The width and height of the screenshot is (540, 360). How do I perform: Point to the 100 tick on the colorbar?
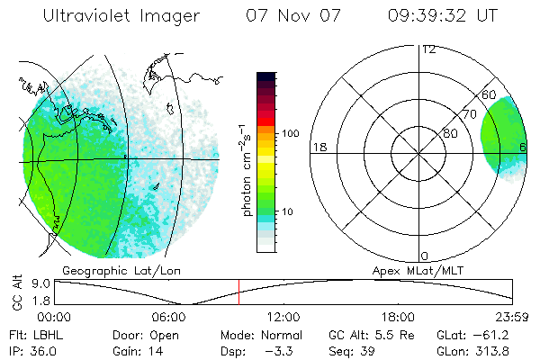point(291,133)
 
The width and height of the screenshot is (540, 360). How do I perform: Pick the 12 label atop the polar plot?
point(428,49)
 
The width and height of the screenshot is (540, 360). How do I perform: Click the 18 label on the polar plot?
point(319,147)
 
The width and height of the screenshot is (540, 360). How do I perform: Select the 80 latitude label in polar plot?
point(451,133)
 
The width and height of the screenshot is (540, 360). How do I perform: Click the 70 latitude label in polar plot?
point(470,114)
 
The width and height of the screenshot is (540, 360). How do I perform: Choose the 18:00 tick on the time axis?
point(399,317)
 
